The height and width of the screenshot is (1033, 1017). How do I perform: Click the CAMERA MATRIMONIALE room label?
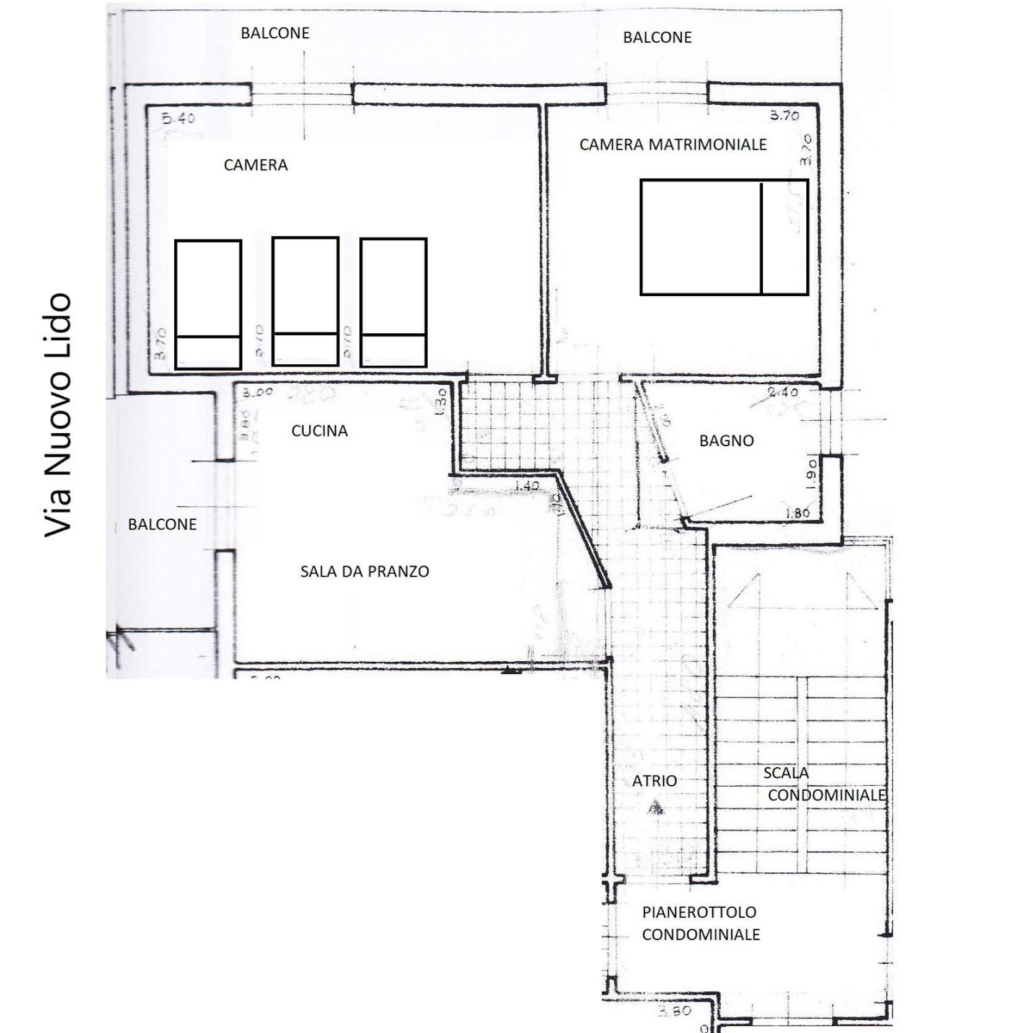click(672, 144)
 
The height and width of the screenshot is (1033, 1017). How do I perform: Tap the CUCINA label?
click(319, 431)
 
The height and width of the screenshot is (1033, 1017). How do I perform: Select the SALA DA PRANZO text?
click(364, 571)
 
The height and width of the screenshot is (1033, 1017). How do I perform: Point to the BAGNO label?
click(726, 441)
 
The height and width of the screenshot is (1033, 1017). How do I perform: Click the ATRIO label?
click(654, 781)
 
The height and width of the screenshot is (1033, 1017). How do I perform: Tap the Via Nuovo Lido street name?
click(59, 415)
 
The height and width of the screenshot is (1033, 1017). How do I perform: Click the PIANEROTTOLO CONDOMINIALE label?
click(700, 923)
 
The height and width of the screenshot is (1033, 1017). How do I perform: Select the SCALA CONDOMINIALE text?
click(818, 785)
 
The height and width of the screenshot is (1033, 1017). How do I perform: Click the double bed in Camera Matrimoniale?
click(724, 237)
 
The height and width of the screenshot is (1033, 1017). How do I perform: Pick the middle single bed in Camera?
click(306, 301)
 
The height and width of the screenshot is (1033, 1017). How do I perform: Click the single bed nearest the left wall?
click(208, 304)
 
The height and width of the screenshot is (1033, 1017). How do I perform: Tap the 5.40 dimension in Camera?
click(178, 118)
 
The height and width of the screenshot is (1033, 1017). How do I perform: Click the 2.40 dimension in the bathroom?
click(783, 392)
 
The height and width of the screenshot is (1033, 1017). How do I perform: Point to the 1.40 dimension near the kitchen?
click(527, 486)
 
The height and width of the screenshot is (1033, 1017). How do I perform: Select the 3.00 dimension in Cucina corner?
click(257, 392)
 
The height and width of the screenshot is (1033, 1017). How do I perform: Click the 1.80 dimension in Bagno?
click(797, 513)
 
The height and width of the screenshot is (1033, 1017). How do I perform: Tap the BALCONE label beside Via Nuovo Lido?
click(162, 524)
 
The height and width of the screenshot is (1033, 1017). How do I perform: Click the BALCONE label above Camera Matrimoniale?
click(657, 37)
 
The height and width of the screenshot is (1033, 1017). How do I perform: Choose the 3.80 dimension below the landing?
click(674, 1011)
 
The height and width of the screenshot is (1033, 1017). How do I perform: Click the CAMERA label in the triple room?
click(255, 165)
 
